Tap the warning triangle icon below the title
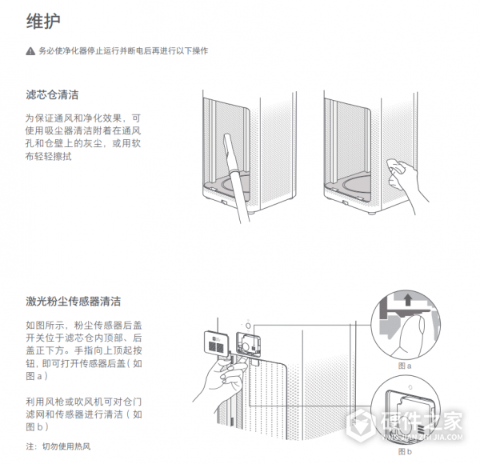(x=30, y=51)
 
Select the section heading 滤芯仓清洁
(x=52, y=95)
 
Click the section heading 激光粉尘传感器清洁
(x=73, y=302)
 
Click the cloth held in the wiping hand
(x=394, y=166)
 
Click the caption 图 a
(x=405, y=365)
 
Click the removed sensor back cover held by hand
(x=216, y=342)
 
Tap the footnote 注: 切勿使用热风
(x=60, y=446)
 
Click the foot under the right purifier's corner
(x=374, y=214)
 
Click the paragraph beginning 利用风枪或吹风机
(x=84, y=406)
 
